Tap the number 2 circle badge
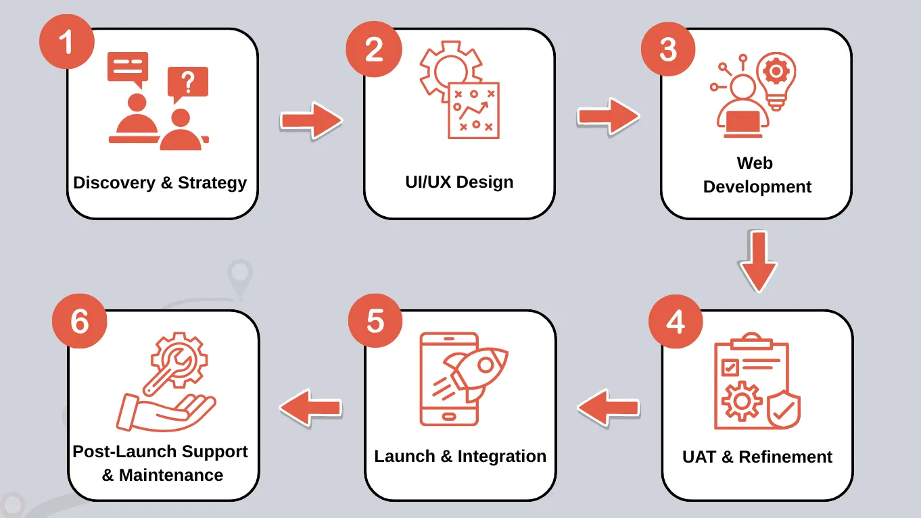click(374, 49)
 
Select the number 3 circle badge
click(668, 49)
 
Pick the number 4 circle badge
click(676, 321)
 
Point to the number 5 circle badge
click(375, 321)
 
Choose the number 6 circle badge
click(80, 321)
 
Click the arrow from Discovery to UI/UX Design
click(311, 121)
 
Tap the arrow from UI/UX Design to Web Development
click(608, 117)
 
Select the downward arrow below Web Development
click(757, 261)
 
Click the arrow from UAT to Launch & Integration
click(608, 407)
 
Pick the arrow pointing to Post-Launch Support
click(311, 407)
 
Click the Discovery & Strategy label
click(160, 182)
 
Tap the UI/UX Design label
click(459, 182)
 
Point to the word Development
click(757, 187)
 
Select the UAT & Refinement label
click(757, 457)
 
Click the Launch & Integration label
click(460, 456)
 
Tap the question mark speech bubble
click(188, 83)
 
